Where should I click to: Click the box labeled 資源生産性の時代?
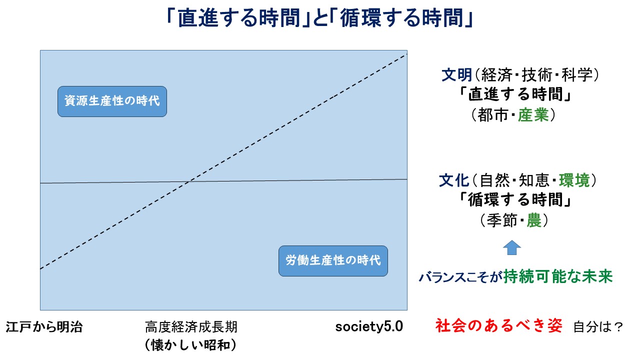(112, 101)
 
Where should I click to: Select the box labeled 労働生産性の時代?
(333, 261)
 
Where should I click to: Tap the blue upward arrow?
(511, 247)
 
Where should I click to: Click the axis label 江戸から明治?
(44, 327)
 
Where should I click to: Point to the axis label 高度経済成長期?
(191, 327)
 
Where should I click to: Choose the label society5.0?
(369, 327)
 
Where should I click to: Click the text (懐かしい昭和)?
(191, 345)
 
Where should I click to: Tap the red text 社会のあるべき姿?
(499, 325)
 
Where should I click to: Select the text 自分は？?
(598, 327)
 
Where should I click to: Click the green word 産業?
(533, 115)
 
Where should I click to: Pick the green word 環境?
(574, 180)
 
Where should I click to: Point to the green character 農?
(534, 220)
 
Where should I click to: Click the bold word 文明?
(457, 75)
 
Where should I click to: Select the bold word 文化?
(454, 180)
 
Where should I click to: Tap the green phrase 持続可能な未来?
(558, 276)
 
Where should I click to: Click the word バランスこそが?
(460, 277)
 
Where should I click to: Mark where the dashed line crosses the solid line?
(188, 181)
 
